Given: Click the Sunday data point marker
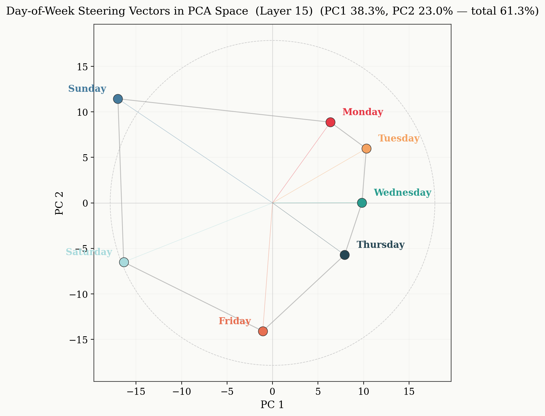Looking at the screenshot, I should click(x=118, y=99).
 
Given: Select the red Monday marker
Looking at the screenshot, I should click(x=330, y=122).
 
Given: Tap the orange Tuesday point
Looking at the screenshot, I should click(x=366, y=149).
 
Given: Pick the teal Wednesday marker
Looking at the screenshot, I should click(x=362, y=203).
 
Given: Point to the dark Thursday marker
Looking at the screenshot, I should click(x=345, y=255).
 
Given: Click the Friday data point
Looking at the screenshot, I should click(x=263, y=331).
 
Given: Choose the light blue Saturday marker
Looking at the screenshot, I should click(x=124, y=262).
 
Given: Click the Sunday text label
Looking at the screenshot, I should click(x=87, y=89).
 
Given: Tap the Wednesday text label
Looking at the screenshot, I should click(x=402, y=193).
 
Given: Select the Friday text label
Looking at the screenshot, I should click(x=235, y=321).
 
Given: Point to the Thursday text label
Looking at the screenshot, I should click(x=380, y=245).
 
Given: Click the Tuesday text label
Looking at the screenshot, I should click(x=398, y=138).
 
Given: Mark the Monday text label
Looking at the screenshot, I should click(x=363, y=112).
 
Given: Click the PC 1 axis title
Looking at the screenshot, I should click(x=272, y=405).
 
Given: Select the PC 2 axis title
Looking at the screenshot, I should click(x=59, y=203).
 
